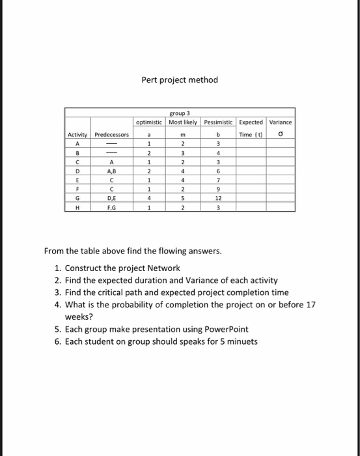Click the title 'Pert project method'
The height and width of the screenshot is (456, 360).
(180, 80)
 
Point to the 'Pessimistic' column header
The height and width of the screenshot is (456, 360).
(219, 122)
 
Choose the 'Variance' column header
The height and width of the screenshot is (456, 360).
(281, 122)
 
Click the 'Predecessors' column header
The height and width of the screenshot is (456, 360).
(112, 135)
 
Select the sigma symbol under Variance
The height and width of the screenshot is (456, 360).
(281, 135)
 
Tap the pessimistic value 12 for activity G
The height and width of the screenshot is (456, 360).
(219, 198)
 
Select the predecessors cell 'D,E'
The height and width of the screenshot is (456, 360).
(112, 198)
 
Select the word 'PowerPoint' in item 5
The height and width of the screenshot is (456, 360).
(225, 330)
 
